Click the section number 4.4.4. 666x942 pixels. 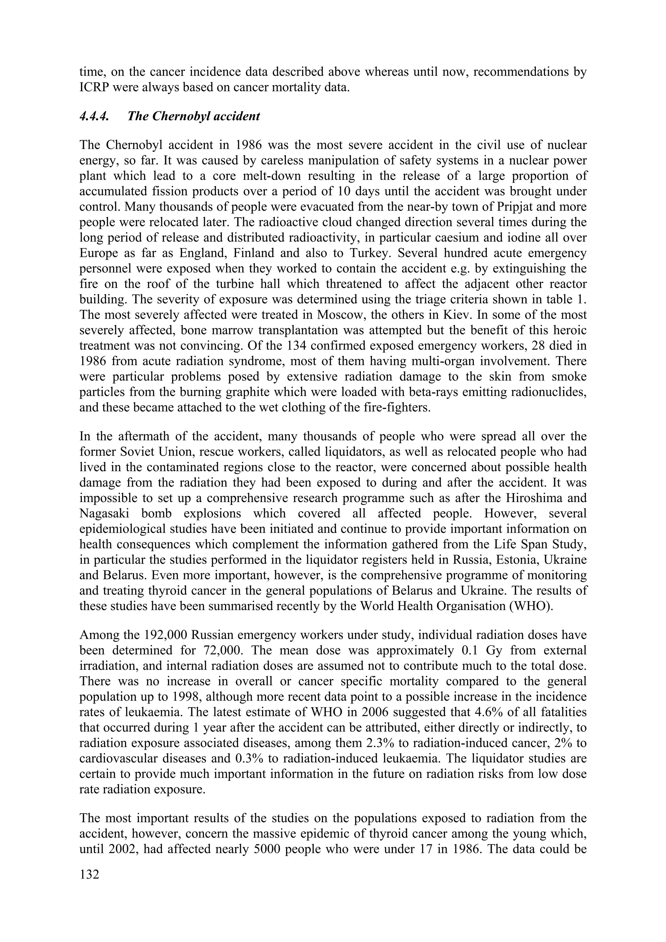pos(94,116)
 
